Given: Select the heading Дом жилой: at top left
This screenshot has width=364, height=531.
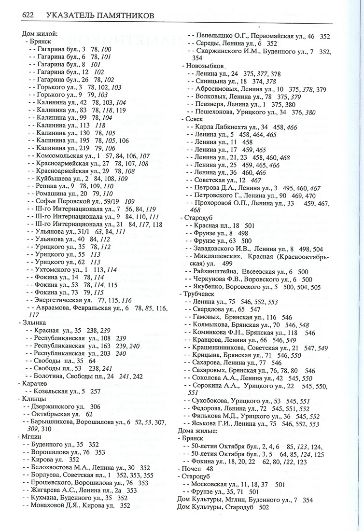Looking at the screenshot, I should (x=40, y=34).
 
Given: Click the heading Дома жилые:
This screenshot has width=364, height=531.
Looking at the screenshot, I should (x=198, y=431).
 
